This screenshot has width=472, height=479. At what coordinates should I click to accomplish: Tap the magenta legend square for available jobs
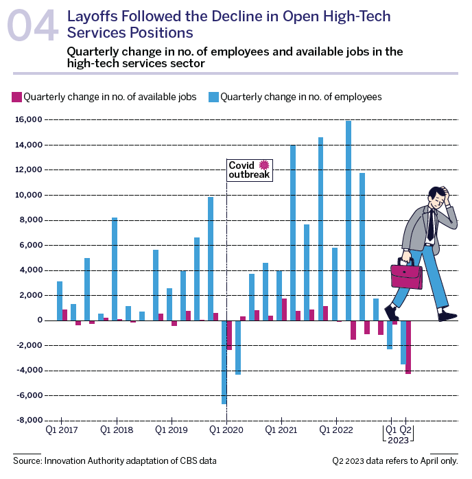17,97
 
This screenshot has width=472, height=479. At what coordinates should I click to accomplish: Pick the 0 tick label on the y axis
40,320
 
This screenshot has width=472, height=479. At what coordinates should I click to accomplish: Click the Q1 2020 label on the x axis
226,430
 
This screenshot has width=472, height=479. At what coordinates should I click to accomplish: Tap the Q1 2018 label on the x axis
117,430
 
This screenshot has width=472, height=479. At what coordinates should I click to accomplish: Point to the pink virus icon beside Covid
265,165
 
